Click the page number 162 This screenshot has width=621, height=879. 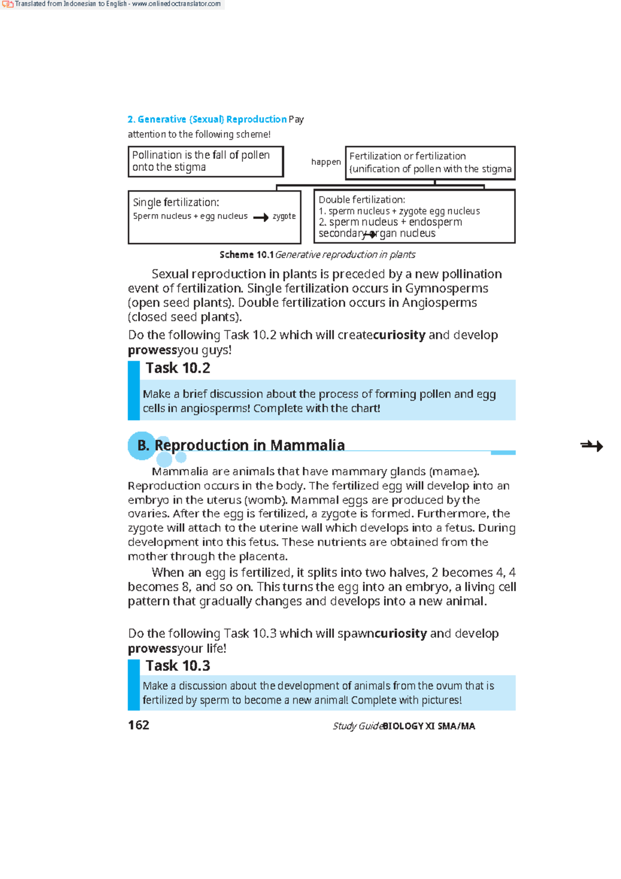point(139,725)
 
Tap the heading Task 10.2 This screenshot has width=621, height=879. point(178,368)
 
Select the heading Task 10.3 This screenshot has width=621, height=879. point(178,666)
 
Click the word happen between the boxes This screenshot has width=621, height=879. point(326,162)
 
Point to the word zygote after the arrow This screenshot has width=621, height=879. point(284,216)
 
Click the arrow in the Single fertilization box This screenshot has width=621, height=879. point(261,217)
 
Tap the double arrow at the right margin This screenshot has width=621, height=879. point(592,446)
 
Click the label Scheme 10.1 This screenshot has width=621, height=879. point(246,255)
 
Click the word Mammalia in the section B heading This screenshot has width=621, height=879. point(307,445)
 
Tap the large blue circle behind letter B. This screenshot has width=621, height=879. point(140,446)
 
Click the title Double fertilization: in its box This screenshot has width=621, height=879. point(362,200)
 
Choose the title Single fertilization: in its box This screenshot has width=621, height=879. point(176,202)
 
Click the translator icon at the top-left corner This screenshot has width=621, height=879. point(7,4)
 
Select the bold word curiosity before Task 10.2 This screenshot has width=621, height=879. point(399,335)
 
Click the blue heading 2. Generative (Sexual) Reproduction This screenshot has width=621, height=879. point(207,120)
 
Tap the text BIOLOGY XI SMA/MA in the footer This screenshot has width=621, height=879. point(428,726)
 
